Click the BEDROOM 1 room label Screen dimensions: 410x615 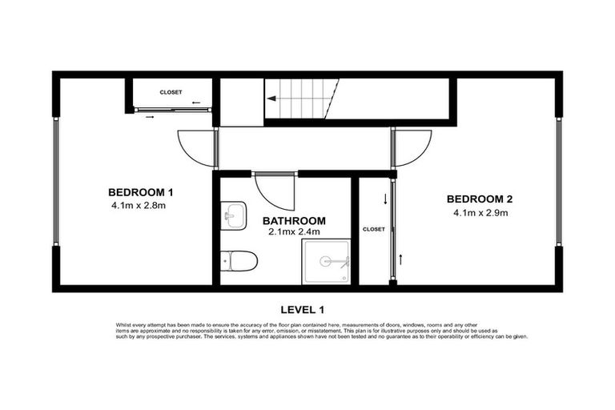tap(140, 192)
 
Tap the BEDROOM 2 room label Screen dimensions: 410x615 tap(479, 199)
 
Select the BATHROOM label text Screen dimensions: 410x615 tap(295, 220)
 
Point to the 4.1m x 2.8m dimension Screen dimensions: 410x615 tap(139, 206)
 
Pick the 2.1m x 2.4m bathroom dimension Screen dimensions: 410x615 tap(294, 232)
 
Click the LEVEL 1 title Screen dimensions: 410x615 tap(303, 308)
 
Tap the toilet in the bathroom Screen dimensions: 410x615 tap(239, 260)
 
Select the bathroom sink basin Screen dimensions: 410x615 tap(234, 215)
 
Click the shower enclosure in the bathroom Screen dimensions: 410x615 tap(326, 261)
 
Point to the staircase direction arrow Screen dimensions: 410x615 tap(273, 98)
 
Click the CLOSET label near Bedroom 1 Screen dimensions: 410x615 tap(171, 92)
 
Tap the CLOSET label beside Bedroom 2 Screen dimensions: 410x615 tap(373, 229)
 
